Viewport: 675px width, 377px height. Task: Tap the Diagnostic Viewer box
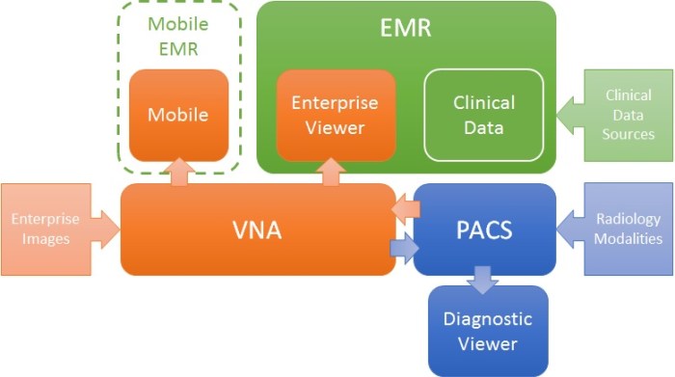coord(487,331)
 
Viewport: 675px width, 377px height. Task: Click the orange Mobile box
coord(178,115)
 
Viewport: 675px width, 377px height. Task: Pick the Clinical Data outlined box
coord(484,115)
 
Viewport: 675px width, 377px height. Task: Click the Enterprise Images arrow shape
coord(53,229)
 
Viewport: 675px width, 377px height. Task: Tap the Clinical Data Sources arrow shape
coord(622,115)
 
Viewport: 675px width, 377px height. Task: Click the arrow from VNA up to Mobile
coord(178,173)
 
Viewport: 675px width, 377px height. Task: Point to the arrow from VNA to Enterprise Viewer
coord(333,172)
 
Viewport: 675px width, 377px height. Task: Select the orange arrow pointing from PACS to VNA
coord(407,208)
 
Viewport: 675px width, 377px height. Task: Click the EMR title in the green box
coord(405,29)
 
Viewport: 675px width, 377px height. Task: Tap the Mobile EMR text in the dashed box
coord(177,35)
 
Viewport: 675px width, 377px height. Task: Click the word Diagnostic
coord(487,319)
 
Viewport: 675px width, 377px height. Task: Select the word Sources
coord(629,134)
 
